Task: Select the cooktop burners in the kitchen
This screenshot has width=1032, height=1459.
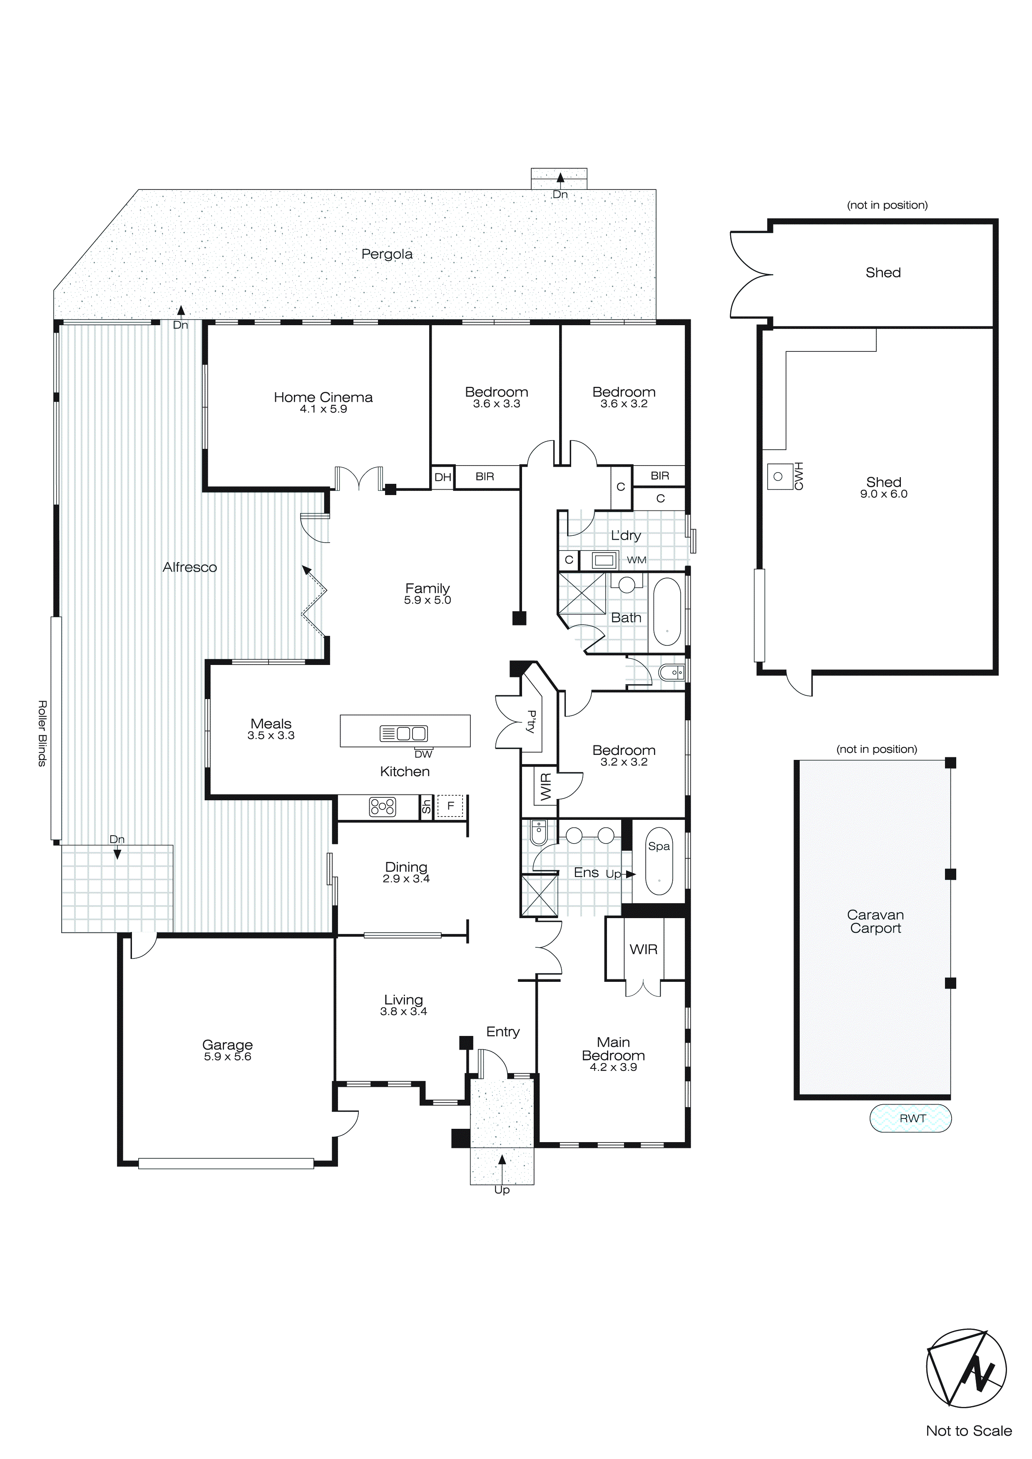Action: (383, 807)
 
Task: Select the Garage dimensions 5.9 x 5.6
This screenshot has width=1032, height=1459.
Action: (227, 1057)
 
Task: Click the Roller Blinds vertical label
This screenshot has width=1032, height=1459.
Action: (42, 733)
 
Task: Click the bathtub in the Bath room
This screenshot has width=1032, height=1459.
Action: (667, 611)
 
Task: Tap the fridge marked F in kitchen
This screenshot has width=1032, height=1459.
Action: (450, 807)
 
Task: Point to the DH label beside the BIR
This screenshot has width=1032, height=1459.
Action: (443, 477)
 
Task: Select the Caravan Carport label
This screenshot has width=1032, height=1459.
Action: (875, 921)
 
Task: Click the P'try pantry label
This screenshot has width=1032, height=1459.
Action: (531, 722)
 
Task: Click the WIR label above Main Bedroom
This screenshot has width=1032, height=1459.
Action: (643, 949)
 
